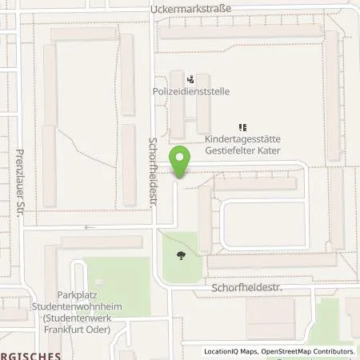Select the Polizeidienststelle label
tap(191, 92)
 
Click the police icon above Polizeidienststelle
tap(190, 79)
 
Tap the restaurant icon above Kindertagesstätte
tap(242, 126)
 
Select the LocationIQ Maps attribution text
tap(234, 351)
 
